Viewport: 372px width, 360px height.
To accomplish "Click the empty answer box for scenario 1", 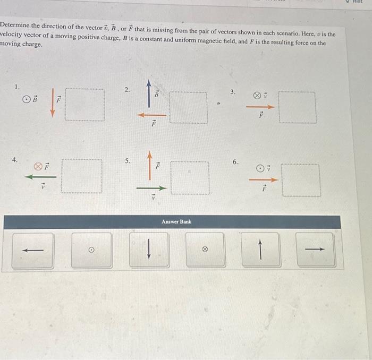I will click(85, 105).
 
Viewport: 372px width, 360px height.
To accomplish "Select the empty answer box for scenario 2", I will click(189, 108).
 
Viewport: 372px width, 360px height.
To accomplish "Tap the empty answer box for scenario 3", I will click(297, 107).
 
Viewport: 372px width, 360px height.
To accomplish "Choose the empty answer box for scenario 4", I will click(82, 176).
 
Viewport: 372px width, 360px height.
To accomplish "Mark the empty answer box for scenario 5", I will click(190, 178).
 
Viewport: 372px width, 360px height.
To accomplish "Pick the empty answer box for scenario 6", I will click(301, 180).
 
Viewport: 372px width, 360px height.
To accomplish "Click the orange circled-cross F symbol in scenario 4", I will click(38, 165).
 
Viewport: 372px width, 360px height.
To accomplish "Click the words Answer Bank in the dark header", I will click(177, 221).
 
